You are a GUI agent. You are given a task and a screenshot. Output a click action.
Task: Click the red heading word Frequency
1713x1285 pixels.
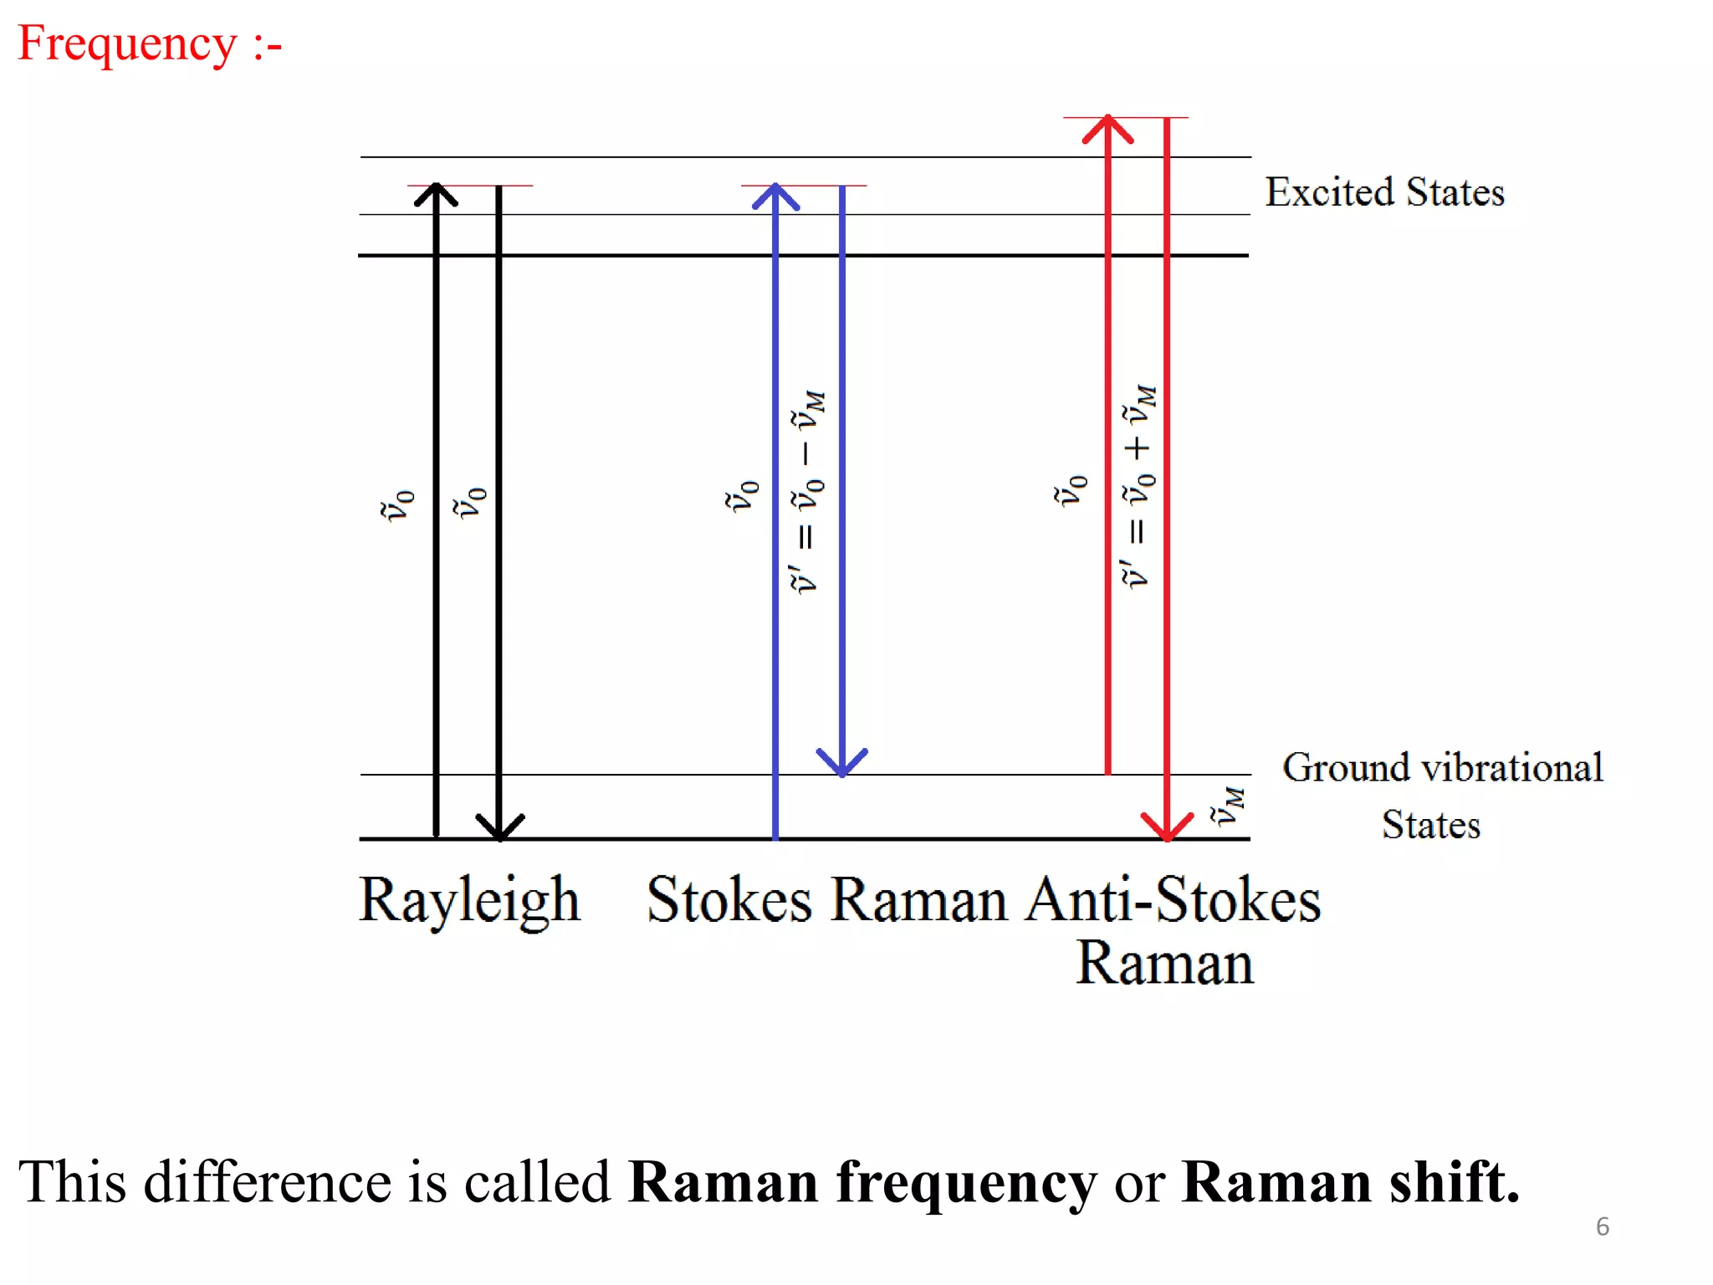[x=127, y=44]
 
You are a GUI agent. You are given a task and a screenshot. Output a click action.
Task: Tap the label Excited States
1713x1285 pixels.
[x=1384, y=192]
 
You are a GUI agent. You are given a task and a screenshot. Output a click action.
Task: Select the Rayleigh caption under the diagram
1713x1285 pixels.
[x=469, y=901]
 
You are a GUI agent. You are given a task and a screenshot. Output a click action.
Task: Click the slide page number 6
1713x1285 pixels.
[x=1602, y=1226]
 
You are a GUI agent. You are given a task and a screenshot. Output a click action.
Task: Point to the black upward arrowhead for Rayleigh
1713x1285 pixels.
[x=436, y=194]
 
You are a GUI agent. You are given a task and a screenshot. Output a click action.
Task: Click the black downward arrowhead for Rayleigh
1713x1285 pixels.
[x=499, y=827]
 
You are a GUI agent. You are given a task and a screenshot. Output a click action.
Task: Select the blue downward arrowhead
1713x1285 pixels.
[x=841, y=762]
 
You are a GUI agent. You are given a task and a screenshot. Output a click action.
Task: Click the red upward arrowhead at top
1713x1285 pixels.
[x=1107, y=129]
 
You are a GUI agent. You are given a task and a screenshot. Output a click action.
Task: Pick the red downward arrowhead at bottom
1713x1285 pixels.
[x=1167, y=826]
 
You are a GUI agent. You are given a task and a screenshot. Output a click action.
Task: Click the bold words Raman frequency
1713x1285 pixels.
[x=862, y=1182]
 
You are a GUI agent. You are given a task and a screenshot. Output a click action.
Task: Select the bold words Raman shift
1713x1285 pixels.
[x=1349, y=1182]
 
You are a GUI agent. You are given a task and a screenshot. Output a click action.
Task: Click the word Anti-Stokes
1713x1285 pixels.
[x=1173, y=901]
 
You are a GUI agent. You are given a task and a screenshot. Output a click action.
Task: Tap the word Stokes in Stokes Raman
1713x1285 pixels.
[x=729, y=901]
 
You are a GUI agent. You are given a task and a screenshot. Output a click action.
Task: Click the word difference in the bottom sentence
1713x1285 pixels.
[x=267, y=1182]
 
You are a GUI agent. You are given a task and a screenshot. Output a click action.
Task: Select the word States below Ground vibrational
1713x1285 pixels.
[x=1430, y=825]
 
